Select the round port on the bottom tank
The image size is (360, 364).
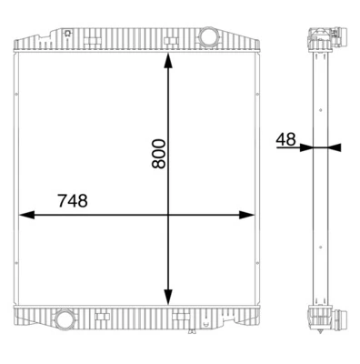[x=65, y=320]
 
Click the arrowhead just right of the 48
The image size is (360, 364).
[x=305, y=147]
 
